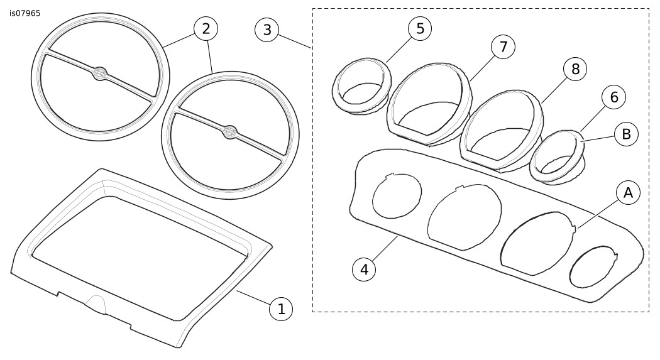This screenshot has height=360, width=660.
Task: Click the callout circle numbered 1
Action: click(x=281, y=308)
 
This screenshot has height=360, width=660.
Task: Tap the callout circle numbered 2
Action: click(x=206, y=28)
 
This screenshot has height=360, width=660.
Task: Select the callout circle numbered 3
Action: click(x=267, y=30)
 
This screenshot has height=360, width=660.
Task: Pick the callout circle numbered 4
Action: click(x=363, y=269)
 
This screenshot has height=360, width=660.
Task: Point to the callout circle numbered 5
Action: click(x=420, y=28)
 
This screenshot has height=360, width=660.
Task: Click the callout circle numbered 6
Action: click(x=614, y=97)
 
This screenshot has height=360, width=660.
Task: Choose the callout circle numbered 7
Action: click(x=503, y=47)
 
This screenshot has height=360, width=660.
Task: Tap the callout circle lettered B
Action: click(x=626, y=134)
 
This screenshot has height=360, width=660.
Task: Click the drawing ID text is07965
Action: click(x=25, y=13)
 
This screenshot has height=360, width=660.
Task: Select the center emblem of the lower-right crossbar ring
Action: click(x=230, y=132)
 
